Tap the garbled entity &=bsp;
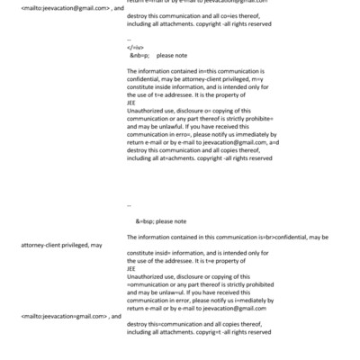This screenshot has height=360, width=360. point(146,220)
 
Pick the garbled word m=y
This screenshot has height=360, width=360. point(258,79)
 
